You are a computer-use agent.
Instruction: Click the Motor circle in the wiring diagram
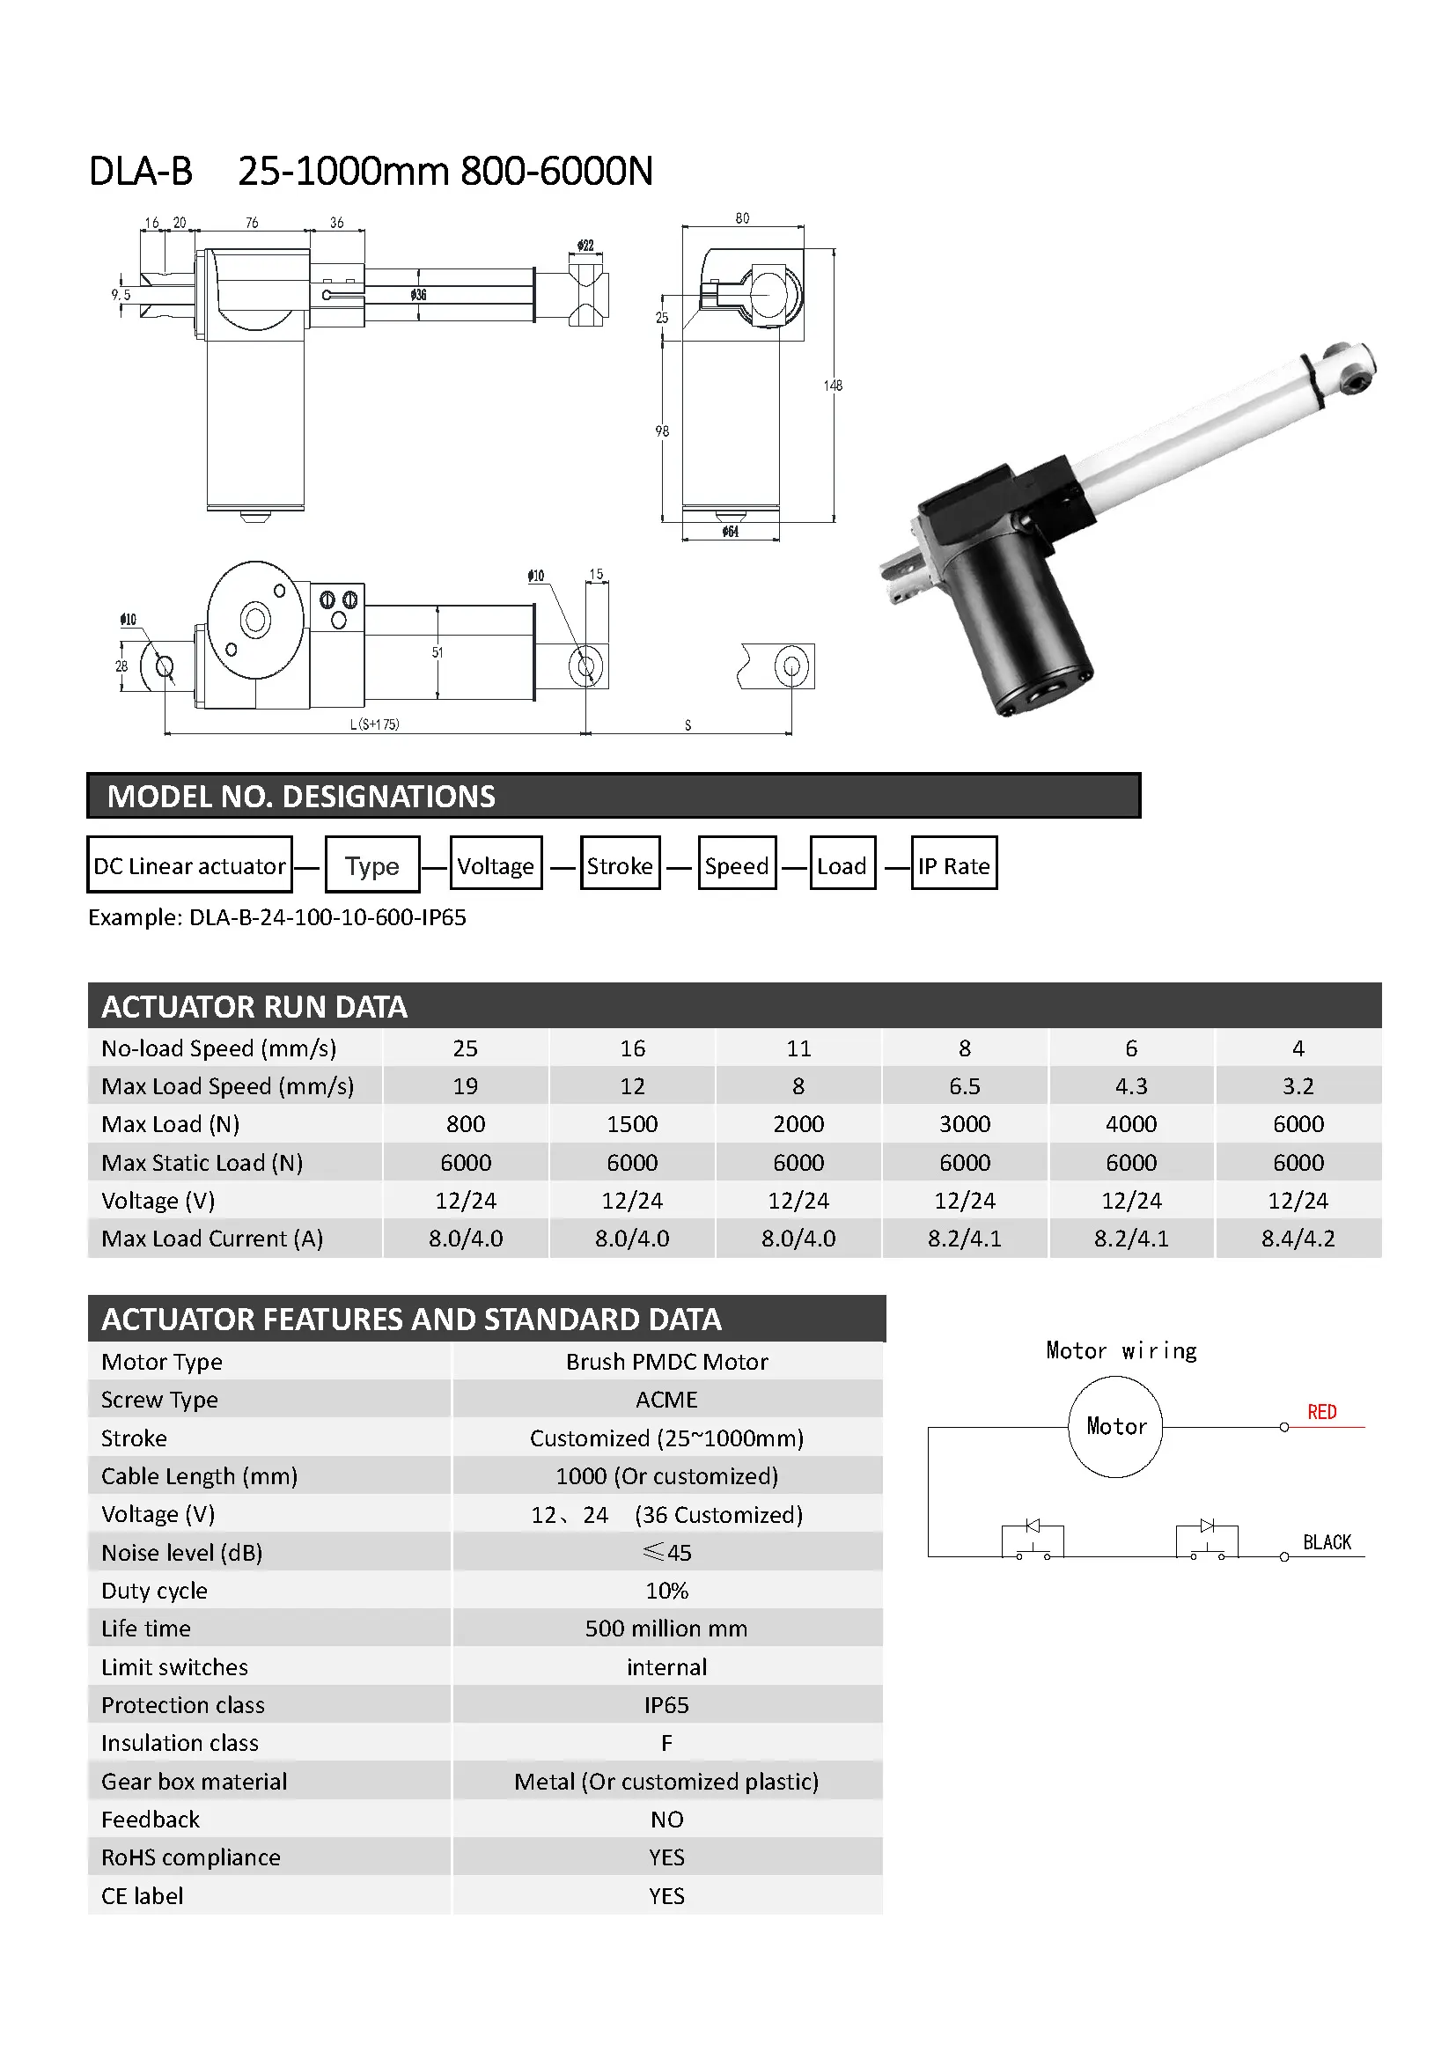(x=1114, y=1426)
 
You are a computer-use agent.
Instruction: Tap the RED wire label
(x=1321, y=1411)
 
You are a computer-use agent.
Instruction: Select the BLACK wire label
(x=1326, y=1541)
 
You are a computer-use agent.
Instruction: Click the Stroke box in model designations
(x=620, y=865)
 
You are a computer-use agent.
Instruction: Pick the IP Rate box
(x=953, y=865)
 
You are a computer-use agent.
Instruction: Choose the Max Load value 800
(x=466, y=1123)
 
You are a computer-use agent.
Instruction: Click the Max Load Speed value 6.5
(x=964, y=1086)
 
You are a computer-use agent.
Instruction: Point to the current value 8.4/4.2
(x=1298, y=1239)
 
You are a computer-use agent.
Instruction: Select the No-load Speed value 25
(x=466, y=1048)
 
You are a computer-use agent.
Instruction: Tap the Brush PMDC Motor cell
(x=666, y=1361)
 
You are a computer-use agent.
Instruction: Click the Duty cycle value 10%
(x=666, y=1590)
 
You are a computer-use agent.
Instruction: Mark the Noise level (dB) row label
(x=182, y=1552)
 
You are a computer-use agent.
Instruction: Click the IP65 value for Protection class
(x=666, y=1705)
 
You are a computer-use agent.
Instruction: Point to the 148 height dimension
(x=833, y=386)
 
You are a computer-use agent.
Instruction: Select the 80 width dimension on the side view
(x=742, y=218)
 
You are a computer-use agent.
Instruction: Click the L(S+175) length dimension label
(x=374, y=724)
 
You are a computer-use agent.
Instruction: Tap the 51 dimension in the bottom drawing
(x=438, y=652)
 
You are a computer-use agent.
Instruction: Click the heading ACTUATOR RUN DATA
(x=254, y=1006)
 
